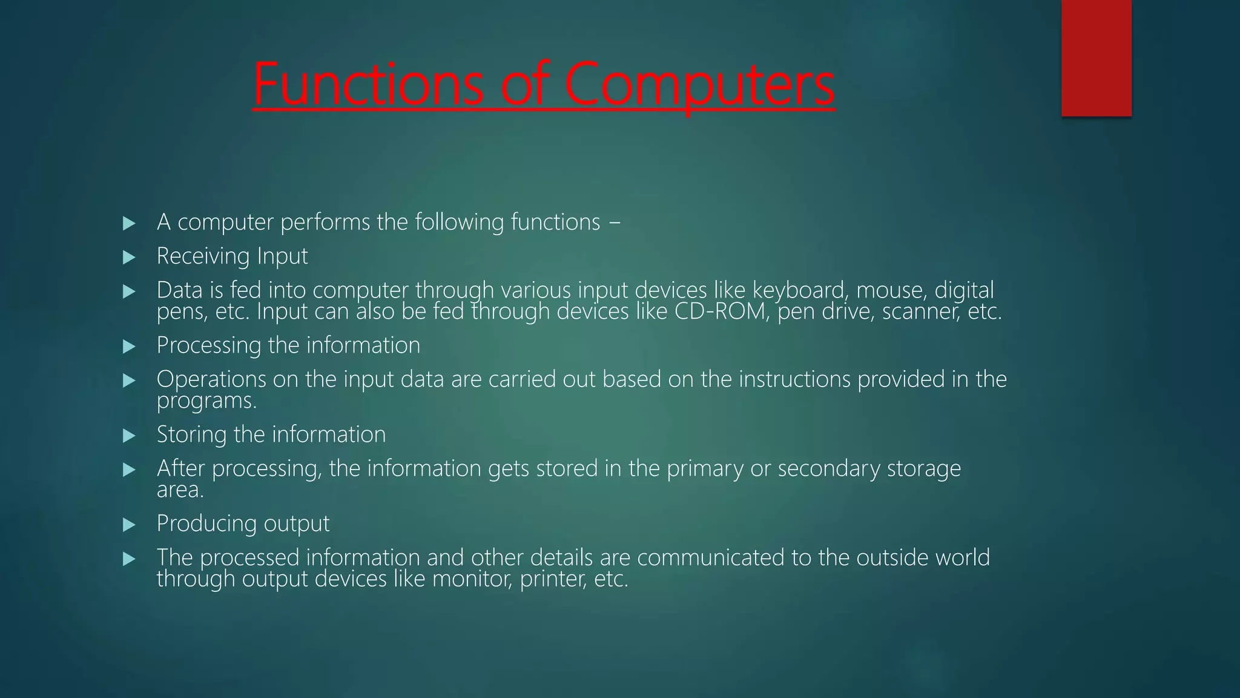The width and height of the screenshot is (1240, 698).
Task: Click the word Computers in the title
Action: click(699, 85)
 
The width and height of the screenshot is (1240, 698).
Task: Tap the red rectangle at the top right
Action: click(1096, 58)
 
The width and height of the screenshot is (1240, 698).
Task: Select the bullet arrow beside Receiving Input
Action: click(129, 258)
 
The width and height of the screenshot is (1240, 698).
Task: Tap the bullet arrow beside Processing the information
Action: click(129, 347)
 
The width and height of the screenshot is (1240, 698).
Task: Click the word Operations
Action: click(211, 380)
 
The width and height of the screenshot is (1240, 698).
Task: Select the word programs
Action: click(206, 401)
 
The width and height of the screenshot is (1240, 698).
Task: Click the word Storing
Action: click(191, 434)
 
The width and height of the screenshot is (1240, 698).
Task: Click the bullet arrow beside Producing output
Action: click(129, 525)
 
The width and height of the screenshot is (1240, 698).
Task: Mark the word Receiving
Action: click(203, 256)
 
